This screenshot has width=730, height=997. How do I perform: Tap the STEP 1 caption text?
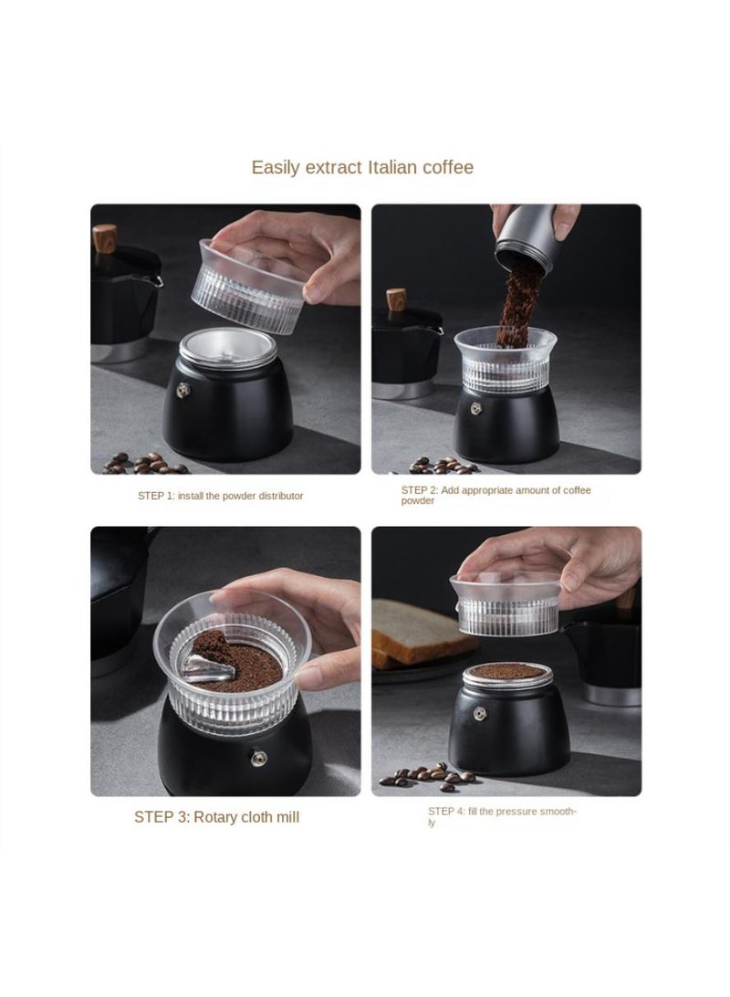click(220, 496)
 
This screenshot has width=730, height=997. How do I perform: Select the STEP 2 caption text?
click(495, 495)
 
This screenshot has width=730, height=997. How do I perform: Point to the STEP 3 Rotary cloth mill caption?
click(216, 817)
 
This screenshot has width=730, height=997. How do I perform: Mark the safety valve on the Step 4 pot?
click(474, 717)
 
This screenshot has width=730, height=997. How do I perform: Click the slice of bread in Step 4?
click(420, 630)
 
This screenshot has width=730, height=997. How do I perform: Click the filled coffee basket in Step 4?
click(507, 676)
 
